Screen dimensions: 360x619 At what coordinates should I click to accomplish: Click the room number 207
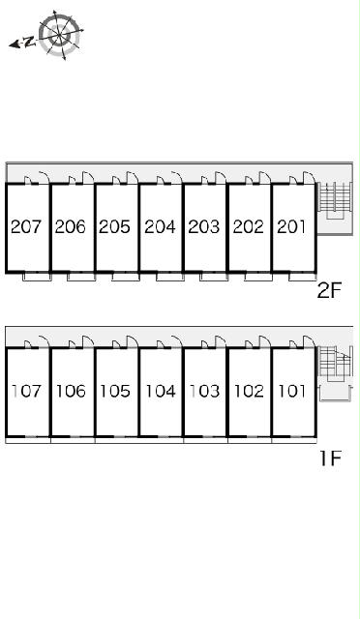click(26, 226)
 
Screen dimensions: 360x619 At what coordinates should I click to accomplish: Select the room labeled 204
click(160, 226)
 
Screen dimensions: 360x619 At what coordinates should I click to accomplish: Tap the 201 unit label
click(291, 226)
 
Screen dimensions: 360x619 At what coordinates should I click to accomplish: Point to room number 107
click(26, 391)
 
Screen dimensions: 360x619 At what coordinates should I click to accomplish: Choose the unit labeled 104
click(161, 391)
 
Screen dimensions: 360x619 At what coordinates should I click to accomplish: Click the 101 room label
click(292, 391)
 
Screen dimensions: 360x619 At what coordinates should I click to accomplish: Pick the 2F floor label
click(329, 291)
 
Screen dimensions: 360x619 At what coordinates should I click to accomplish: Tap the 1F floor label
click(330, 458)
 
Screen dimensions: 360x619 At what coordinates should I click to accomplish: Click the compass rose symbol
click(60, 35)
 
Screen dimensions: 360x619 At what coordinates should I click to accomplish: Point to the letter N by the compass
click(28, 42)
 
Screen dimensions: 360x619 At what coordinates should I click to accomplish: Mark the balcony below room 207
click(37, 277)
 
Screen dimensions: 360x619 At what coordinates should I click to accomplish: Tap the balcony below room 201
click(303, 277)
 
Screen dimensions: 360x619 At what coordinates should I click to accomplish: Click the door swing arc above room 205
click(133, 178)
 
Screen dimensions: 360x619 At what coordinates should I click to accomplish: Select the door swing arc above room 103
click(221, 341)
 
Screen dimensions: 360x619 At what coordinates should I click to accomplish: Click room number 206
click(70, 226)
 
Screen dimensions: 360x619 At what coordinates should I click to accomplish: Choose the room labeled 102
click(249, 391)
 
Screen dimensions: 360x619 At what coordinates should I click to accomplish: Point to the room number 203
click(203, 226)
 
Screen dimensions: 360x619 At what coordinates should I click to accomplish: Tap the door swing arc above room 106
click(88, 341)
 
